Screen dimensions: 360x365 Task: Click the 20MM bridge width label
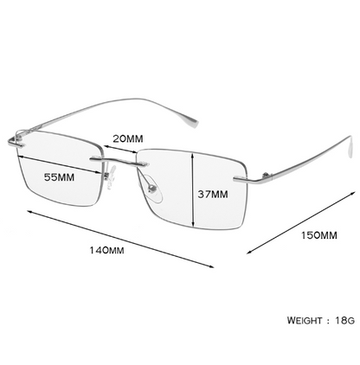point(128,138)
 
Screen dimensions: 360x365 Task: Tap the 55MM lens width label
point(59,177)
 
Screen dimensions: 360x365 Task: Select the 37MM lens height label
point(213,195)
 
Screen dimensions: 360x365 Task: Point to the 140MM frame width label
point(106,250)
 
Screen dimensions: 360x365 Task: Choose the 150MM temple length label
point(319,235)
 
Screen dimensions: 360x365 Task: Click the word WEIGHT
point(305,320)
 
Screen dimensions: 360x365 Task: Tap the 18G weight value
point(345,320)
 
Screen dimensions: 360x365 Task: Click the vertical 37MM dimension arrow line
point(193,189)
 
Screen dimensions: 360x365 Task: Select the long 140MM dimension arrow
point(120,239)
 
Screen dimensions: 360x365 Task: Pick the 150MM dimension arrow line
point(300,222)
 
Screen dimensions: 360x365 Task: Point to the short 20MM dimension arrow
point(120,149)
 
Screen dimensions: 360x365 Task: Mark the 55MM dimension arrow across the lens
point(60,164)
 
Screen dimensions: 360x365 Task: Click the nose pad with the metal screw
point(152,189)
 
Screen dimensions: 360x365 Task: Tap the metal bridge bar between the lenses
point(120,162)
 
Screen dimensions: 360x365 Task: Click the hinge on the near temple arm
point(267,176)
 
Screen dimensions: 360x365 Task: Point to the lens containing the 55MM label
point(60,169)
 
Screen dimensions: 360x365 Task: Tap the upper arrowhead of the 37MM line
point(193,156)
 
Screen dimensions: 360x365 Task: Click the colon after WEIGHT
point(329,321)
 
